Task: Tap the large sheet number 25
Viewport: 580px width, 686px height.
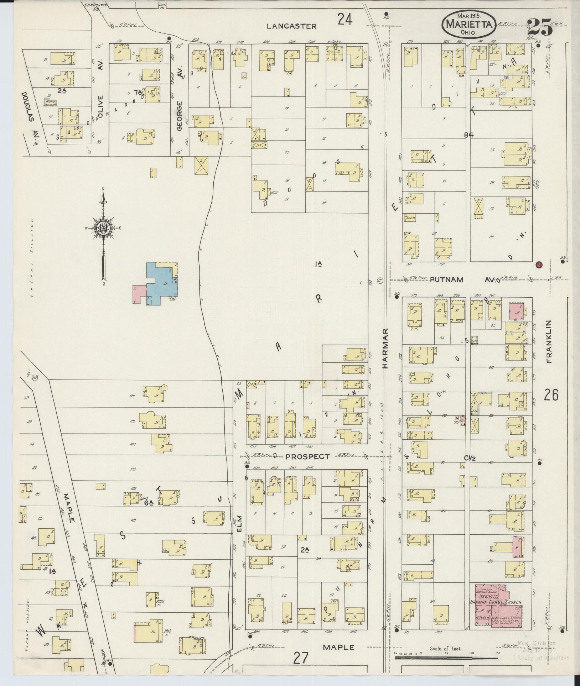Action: (539, 27)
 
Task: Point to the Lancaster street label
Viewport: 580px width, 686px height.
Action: (291, 26)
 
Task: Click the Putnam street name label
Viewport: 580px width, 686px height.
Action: (447, 279)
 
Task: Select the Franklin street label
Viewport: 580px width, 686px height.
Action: (548, 342)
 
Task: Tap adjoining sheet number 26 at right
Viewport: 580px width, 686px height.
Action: (551, 395)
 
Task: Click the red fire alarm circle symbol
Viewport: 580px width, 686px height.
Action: (539, 265)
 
